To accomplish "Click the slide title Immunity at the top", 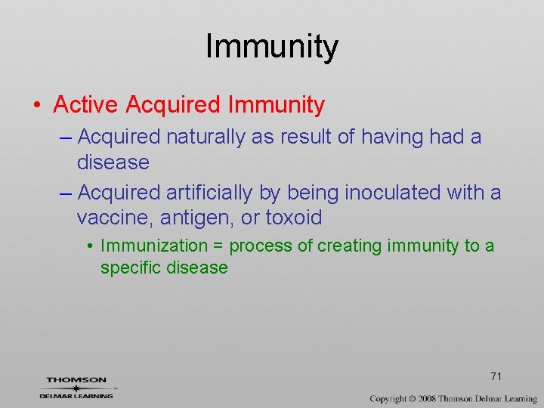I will click(x=272, y=47).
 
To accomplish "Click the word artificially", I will click(x=208, y=193).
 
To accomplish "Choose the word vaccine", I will click(x=111, y=218).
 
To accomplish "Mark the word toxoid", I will click(x=293, y=218).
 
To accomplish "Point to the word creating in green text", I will click(x=349, y=246).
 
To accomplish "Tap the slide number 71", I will click(x=496, y=376).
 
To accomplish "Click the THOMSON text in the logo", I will click(x=76, y=380).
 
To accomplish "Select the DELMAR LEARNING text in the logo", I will click(x=76, y=395).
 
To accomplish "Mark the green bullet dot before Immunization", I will click(x=89, y=246).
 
